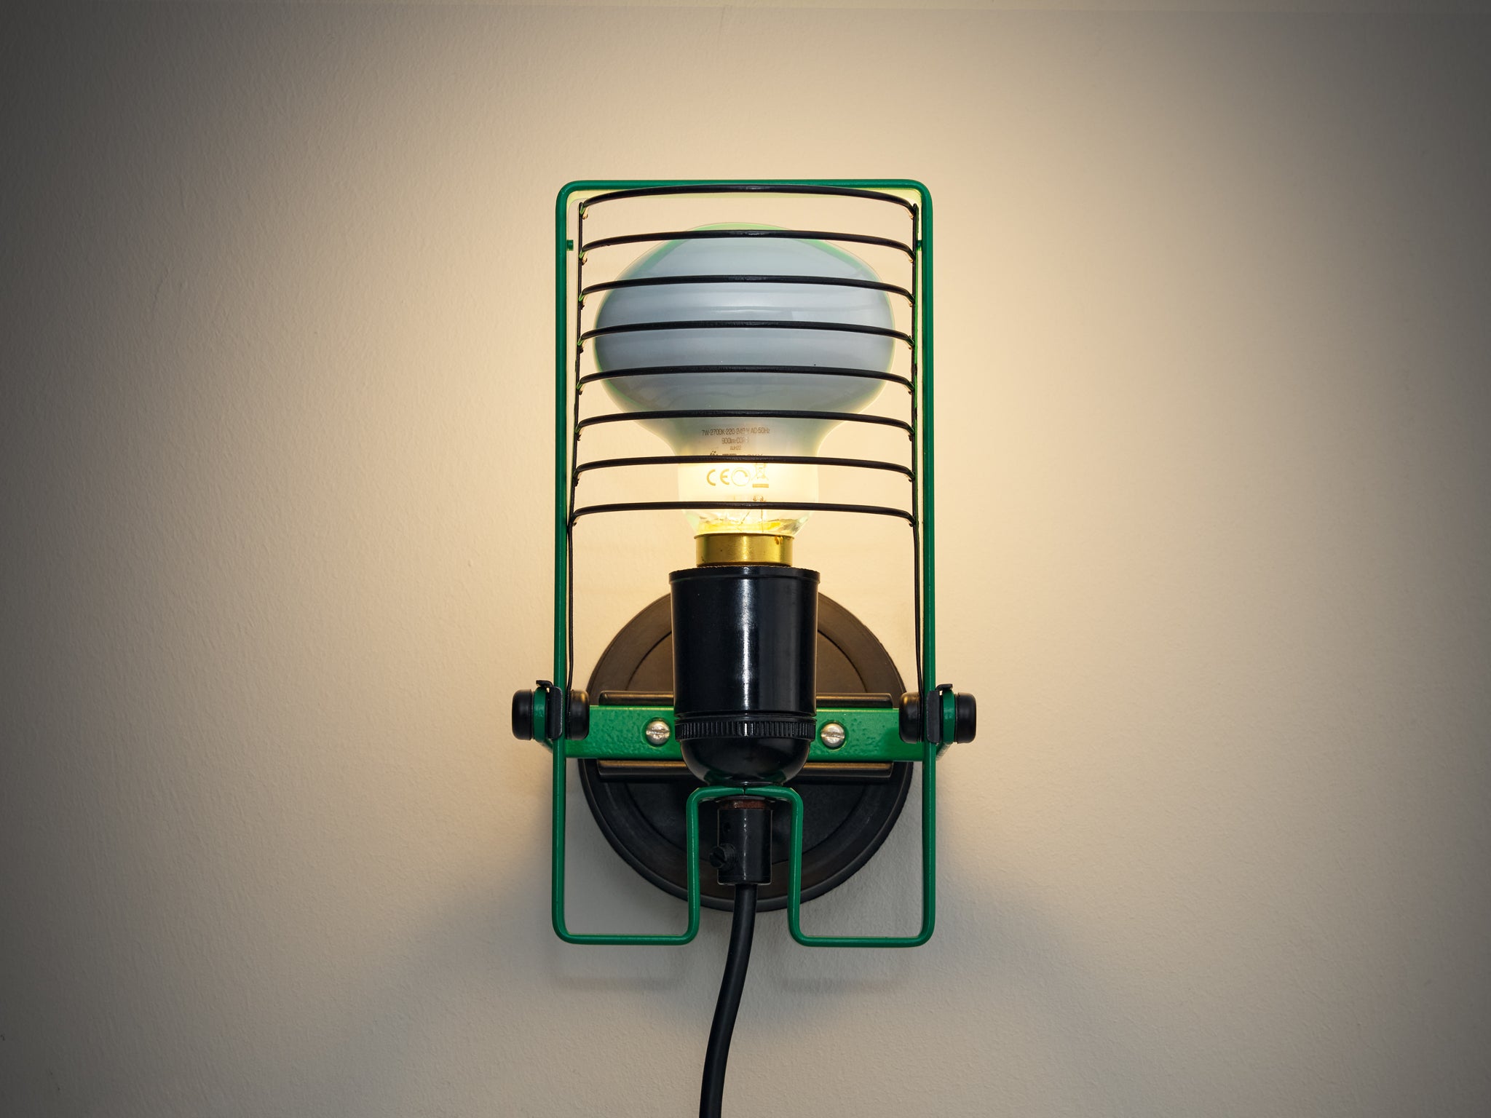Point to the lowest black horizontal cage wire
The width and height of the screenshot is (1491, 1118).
click(743, 508)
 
